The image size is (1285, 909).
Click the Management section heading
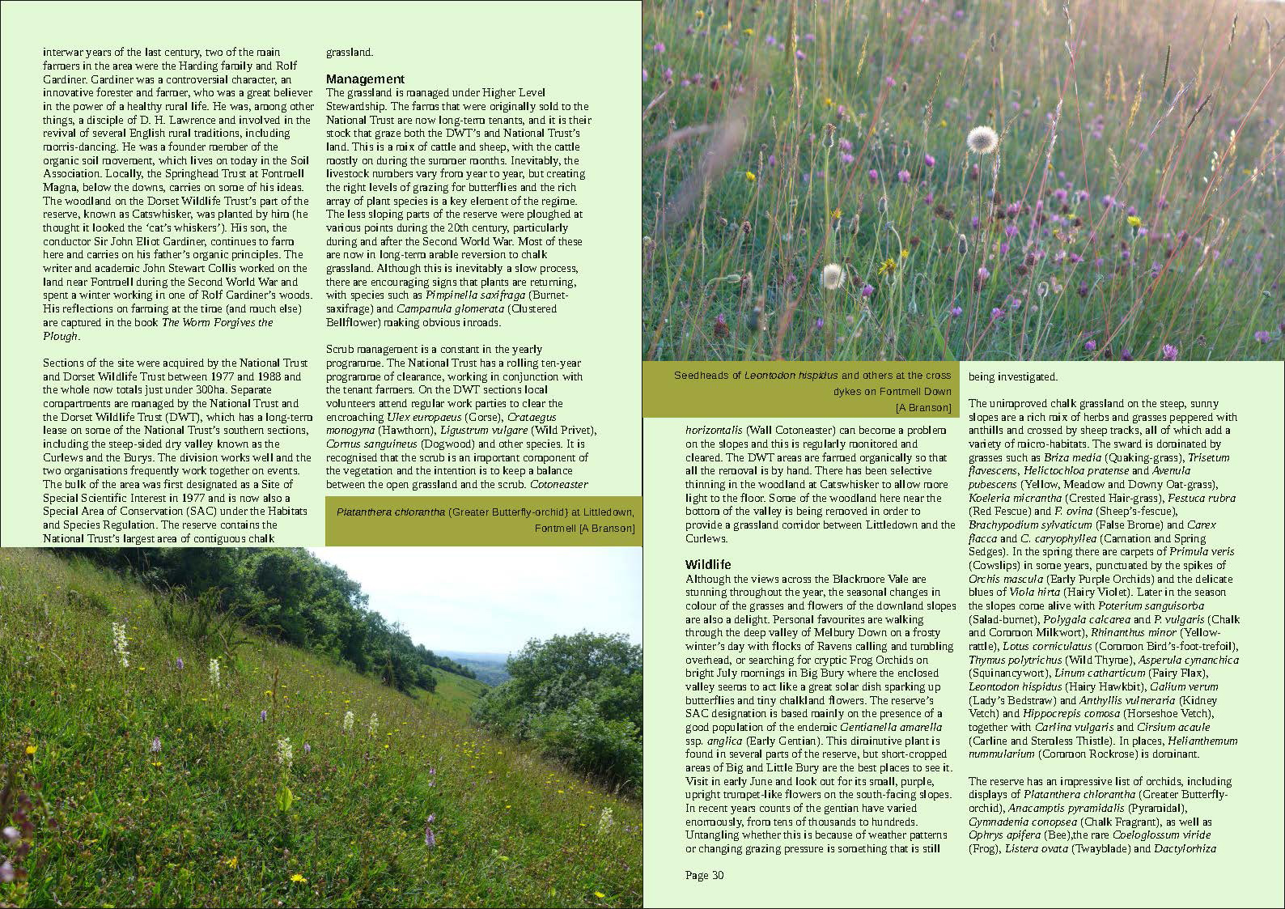click(365, 79)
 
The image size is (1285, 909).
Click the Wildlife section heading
click(708, 564)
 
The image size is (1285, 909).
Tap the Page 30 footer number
click(704, 875)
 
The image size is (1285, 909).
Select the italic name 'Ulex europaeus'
click(424, 417)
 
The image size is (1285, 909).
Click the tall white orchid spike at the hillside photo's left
click(121, 644)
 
